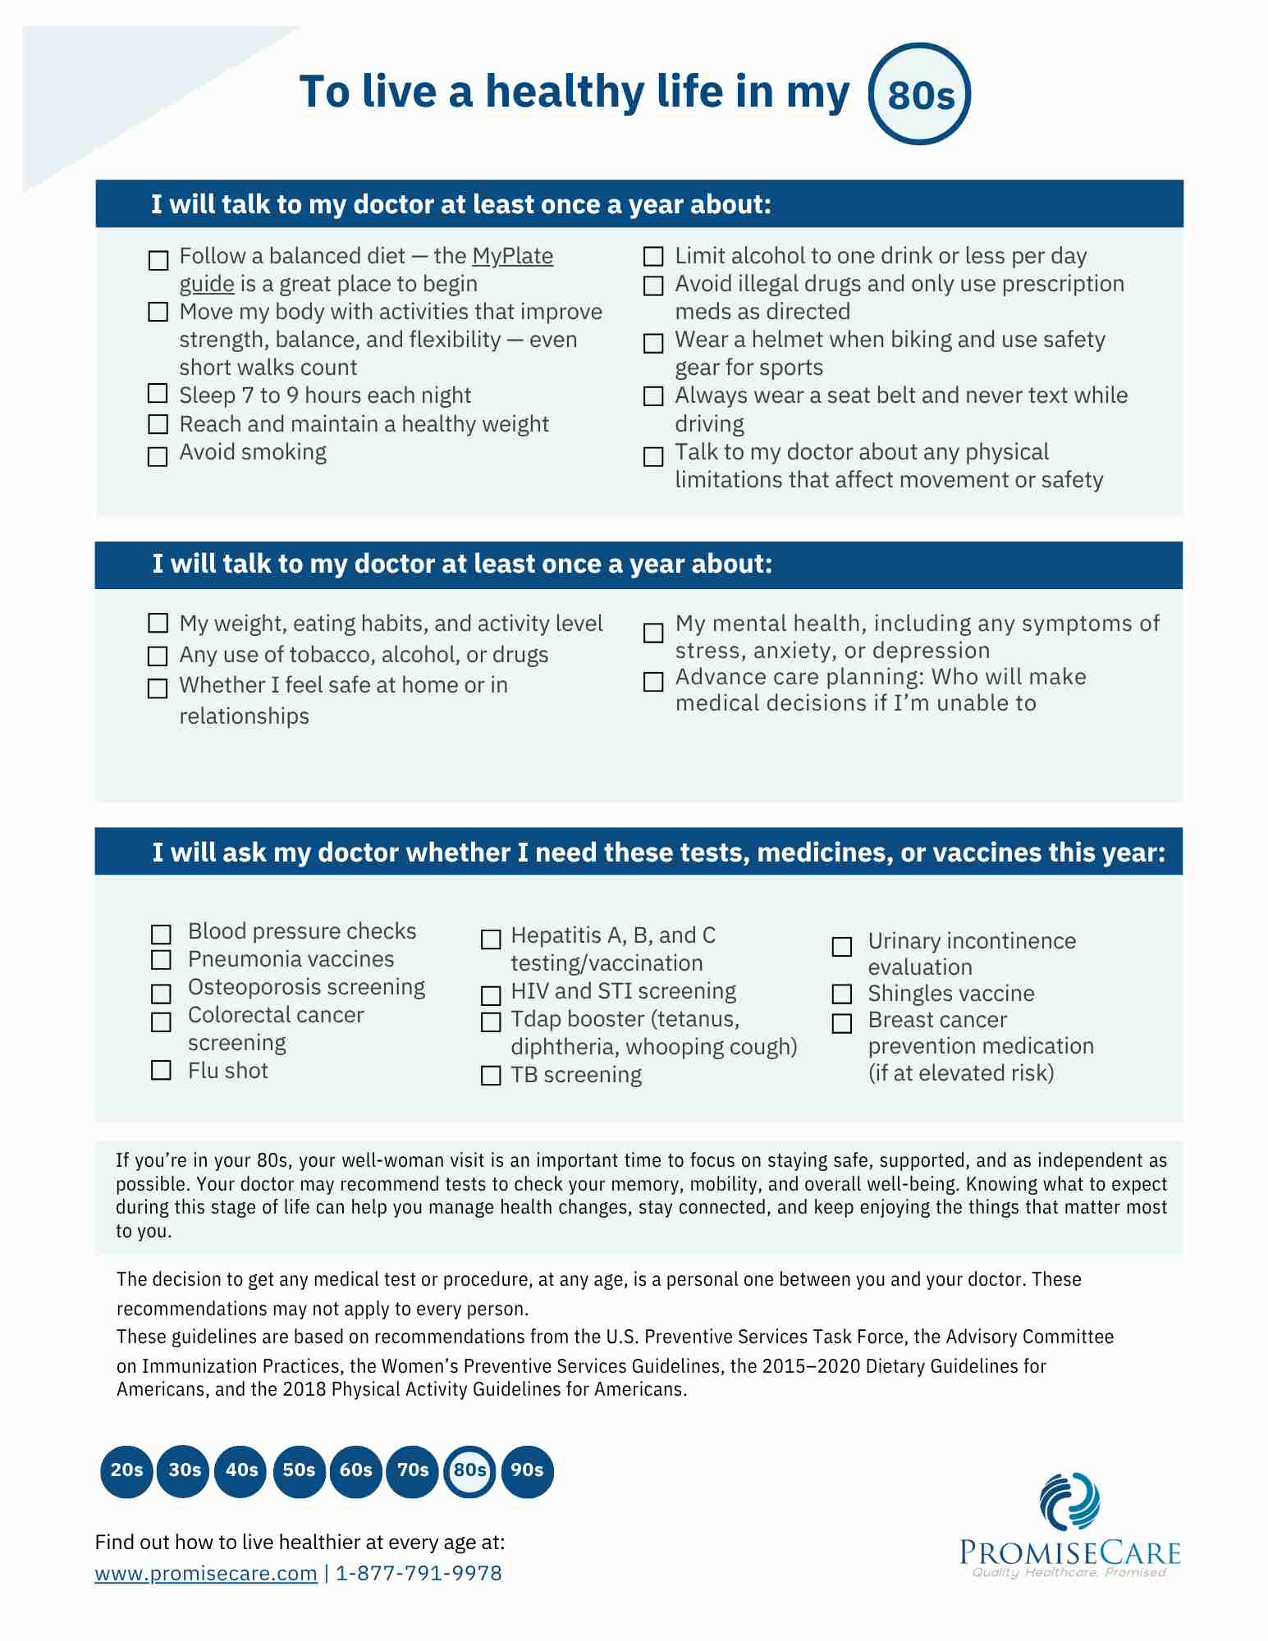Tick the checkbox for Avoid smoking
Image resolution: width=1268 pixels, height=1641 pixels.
pos(158,456)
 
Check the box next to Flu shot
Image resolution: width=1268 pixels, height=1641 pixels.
pos(161,1070)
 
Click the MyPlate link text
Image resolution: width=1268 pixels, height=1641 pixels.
pos(512,256)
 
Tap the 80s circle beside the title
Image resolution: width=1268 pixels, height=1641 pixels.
pos(920,94)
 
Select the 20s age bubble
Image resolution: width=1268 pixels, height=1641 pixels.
pos(126,1470)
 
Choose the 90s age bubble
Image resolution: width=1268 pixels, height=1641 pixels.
pos(527,1470)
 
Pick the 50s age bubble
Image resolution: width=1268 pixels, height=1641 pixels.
pos(299,1470)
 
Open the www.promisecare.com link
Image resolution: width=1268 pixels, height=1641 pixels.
pos(206,1573)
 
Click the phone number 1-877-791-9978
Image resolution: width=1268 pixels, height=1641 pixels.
pos(419,1573)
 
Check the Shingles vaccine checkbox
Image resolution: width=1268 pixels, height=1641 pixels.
pos(842,994)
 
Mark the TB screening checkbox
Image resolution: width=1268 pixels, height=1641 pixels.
pos(491,1076)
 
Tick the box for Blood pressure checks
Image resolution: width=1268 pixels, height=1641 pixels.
pos(161,935)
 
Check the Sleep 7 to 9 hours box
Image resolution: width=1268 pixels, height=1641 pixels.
pos(158,394)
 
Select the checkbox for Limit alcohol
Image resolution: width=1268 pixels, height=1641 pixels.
pos(653,257)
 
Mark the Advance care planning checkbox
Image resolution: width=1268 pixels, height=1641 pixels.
pos(653,682)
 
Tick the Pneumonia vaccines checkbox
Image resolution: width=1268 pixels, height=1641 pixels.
pos(161,960)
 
